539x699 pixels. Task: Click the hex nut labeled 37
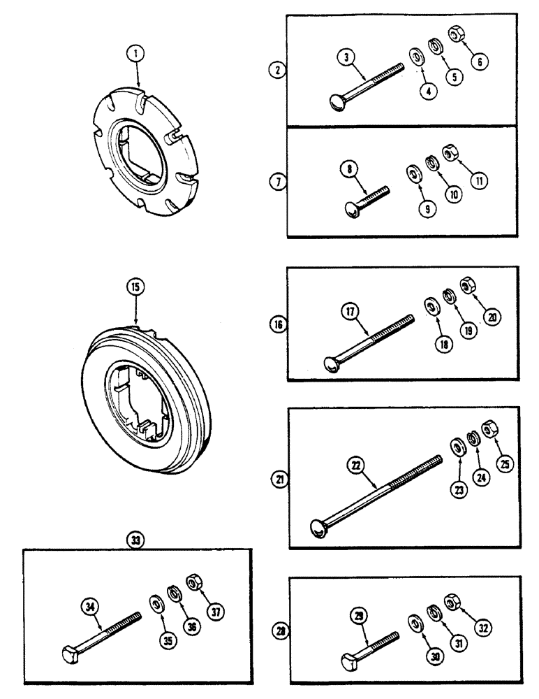[x=191, y=582]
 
